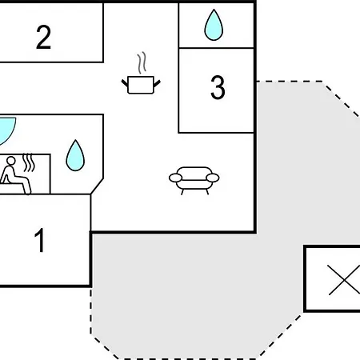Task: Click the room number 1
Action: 40,240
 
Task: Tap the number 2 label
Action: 43,37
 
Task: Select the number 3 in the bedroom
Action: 218,87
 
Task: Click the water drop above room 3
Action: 214,25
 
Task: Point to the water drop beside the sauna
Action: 75,155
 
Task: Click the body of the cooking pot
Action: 141,85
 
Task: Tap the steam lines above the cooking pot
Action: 142,62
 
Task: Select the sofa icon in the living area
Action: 194,180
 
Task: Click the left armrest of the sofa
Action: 175,178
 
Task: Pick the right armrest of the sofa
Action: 213,178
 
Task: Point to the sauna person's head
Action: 11,161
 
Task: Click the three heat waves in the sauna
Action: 29,162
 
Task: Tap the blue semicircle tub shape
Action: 6,130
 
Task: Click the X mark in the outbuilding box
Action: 344,280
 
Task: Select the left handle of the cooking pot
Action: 125,83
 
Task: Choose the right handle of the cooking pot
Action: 157,83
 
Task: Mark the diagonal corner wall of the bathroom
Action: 97,186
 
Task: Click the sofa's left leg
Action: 182,192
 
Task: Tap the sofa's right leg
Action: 207,192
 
